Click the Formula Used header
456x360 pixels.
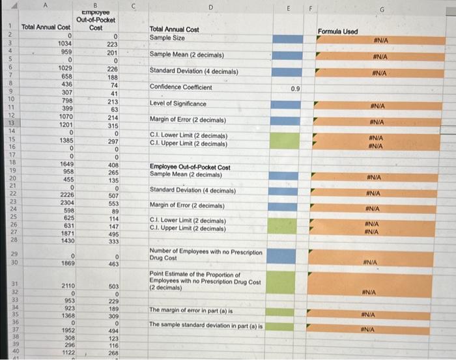tap(337, 31)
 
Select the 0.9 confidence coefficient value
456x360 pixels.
tap(295, 87)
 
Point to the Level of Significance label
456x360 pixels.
tap(178, 104)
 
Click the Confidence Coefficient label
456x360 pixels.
tap(180, 87)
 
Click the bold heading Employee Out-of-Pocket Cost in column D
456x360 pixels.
tap(190, 167)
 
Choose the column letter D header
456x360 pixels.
tap(210, 7)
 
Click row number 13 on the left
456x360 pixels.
tap(11, 123)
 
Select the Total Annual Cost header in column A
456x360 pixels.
tap(46, 27)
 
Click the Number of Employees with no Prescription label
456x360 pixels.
tap(206, 251)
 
